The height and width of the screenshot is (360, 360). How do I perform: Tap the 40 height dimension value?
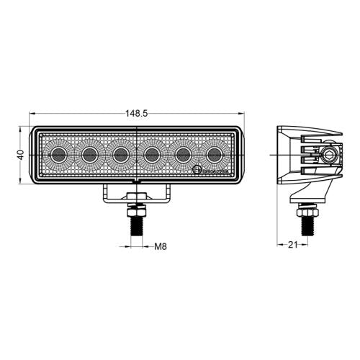coord(22,154)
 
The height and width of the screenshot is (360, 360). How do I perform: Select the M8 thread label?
coord(161,246)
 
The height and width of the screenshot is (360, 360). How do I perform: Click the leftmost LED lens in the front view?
coord(59,154)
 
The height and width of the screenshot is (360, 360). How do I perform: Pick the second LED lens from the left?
coord(90,154)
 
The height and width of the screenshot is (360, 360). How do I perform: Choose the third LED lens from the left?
coord(121,154)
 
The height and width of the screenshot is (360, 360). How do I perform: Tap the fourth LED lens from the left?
coord(152,154)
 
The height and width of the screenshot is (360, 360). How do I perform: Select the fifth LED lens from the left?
coord(183,154)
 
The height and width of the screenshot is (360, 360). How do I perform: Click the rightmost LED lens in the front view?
coord(214,154)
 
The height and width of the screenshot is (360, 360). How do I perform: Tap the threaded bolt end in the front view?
coord(136,226)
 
